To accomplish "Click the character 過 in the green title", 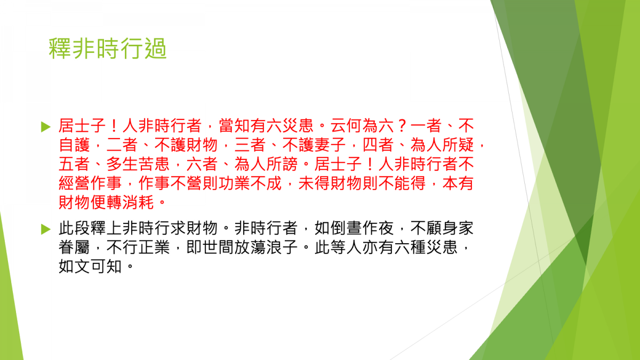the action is [155, 49].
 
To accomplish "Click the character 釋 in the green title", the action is [59, 49].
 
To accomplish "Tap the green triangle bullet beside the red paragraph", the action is [46, 127].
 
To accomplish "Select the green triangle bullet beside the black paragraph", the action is [46, 229].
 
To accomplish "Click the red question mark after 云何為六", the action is [402, 126].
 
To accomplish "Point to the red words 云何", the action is [347, 126].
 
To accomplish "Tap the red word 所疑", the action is [458, 145].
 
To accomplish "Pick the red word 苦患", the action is [154, 164].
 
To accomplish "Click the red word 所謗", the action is [282, 164].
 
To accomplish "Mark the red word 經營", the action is [74, 183].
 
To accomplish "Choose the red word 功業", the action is [234, 183].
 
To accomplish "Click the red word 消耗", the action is [138, 202].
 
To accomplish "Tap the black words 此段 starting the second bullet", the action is [74, 228].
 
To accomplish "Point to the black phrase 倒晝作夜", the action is [362, 228].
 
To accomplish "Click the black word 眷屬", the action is [74, 247].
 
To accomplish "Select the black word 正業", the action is [154, 247].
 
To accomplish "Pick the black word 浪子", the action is [282, 247].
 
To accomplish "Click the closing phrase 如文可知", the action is [90, 266].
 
